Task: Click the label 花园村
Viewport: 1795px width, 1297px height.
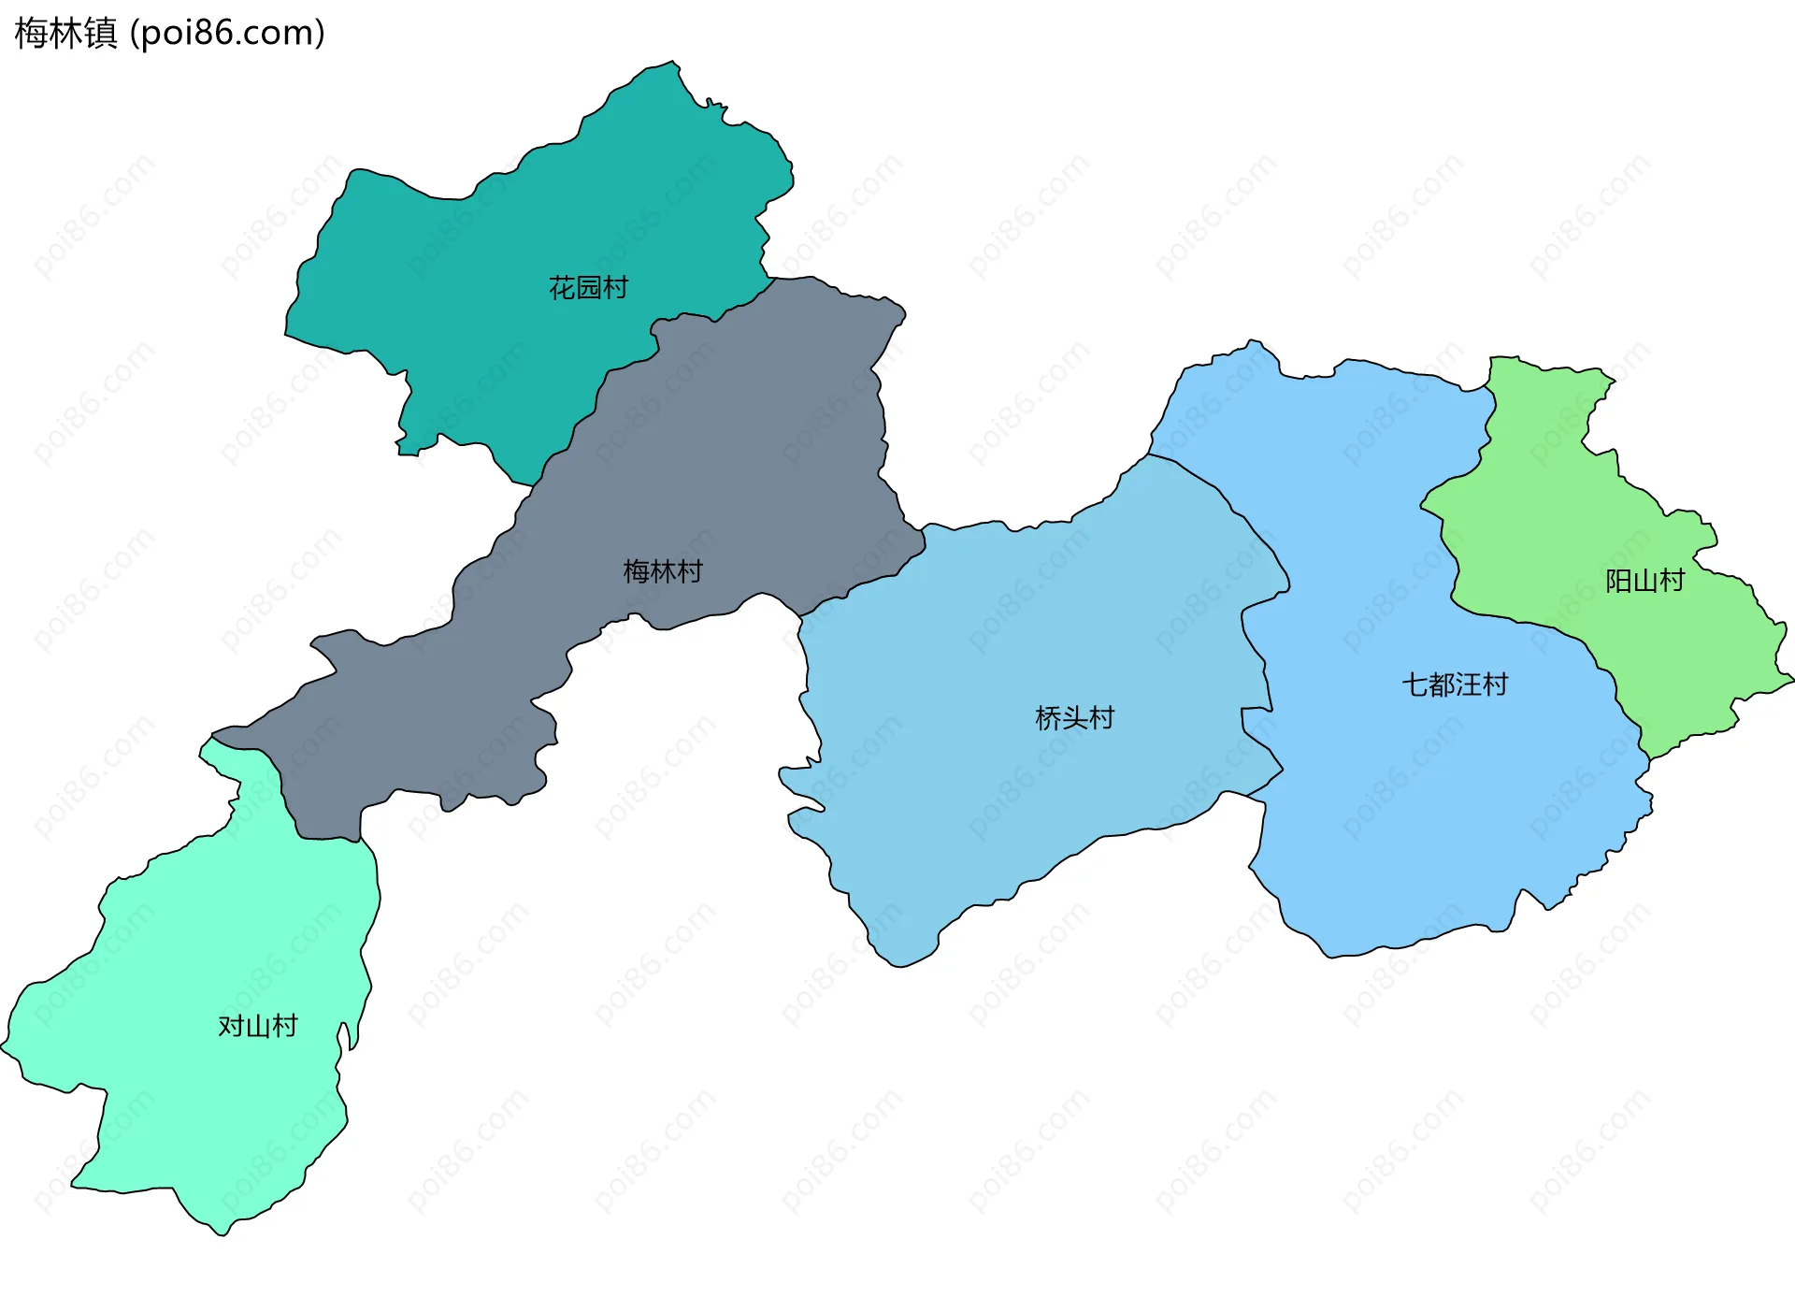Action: point(588,287)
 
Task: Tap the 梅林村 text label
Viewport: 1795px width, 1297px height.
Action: point(663,570)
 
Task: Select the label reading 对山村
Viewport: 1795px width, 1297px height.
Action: point(257,1026)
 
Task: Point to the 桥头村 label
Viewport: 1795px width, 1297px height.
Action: point(1074,717)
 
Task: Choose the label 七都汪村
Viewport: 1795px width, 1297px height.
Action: point(1455,685)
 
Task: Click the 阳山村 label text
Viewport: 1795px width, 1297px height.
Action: point(1644,581)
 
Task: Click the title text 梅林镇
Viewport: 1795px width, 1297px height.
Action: point(65,33)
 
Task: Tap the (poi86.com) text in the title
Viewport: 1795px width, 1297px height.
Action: point(227,33)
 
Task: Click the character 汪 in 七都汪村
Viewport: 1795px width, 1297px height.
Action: point(1468,685)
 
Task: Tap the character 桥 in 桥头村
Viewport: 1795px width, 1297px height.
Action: point(1048,717)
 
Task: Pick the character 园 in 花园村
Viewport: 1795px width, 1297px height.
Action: point(588,287)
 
